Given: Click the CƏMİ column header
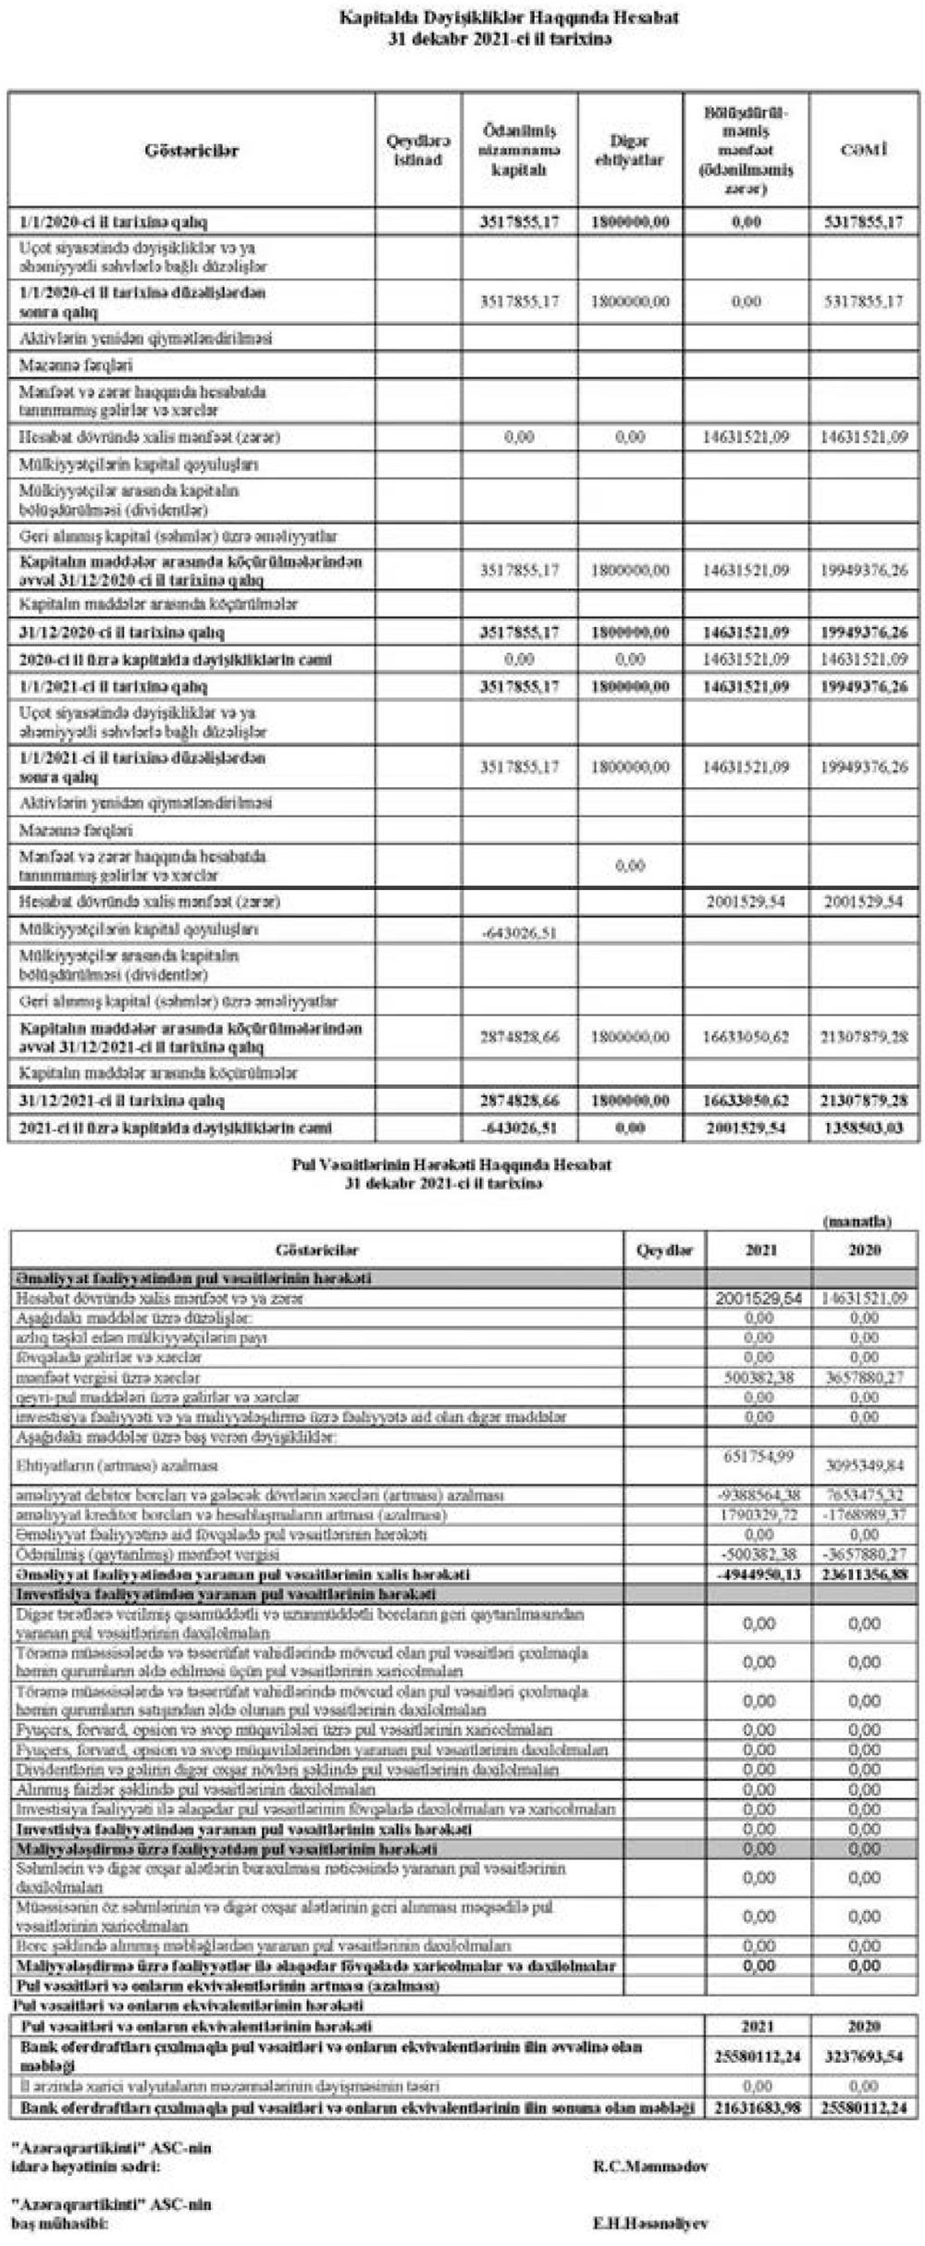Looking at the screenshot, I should [x=864, y=149].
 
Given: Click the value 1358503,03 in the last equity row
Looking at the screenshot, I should [x=864, y=1129].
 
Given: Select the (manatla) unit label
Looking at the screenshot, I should [x=857, y=1221].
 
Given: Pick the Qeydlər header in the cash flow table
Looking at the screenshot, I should [x=664, y=1250].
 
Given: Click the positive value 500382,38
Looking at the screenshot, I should [x=758, y=1377].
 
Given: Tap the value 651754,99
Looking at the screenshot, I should [x=758, y=1456].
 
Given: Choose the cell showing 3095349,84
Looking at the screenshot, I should [x=864, y=1465].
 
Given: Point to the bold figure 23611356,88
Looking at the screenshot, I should [x=864, y=1573].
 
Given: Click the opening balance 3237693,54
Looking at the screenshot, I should [x=864, y=2055].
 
